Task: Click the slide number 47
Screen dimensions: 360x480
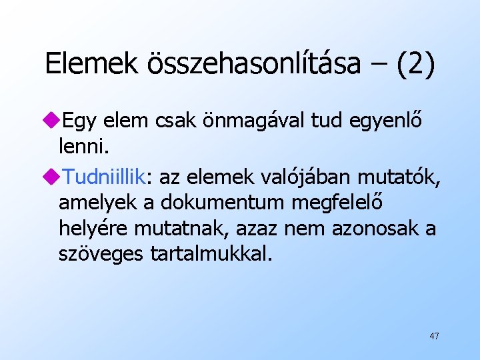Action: point(434,336)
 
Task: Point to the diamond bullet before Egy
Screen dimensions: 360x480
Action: point(50,121)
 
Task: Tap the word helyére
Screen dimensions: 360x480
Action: point(93,228)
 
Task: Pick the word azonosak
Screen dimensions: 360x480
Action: point(367,228)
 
